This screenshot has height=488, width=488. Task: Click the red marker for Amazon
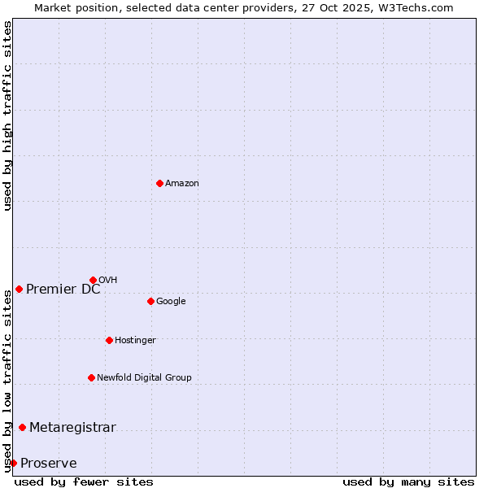tap(159, 183)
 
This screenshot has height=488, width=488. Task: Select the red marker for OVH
tap(93, 280)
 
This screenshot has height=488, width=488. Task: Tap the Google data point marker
tap(150, 301)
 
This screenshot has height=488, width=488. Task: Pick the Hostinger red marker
tap(109, 340)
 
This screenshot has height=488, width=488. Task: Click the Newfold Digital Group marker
tap(91, 377)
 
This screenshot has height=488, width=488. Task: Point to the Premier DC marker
tap(19, 289)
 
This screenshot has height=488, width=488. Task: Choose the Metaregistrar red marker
tap(22, 427)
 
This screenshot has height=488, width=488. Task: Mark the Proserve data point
tap(13, 463)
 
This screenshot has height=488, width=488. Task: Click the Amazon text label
tap(182, 183)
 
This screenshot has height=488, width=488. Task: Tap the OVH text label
tap(108, 280)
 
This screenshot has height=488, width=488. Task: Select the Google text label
tap(171, 301)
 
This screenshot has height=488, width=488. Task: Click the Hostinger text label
tap(135, 340)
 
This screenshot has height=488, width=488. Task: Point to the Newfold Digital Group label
tap(144, 377)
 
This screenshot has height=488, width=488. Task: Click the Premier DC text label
tap(63, 289)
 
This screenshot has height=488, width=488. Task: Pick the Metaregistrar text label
tap(72, 427)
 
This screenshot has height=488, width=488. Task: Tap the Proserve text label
tap(49, 463)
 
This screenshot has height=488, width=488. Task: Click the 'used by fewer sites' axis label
tap(84, 481)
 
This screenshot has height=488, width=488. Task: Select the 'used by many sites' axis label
tap(408, 481)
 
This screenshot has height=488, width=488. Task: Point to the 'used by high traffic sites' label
tap(7, 115)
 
